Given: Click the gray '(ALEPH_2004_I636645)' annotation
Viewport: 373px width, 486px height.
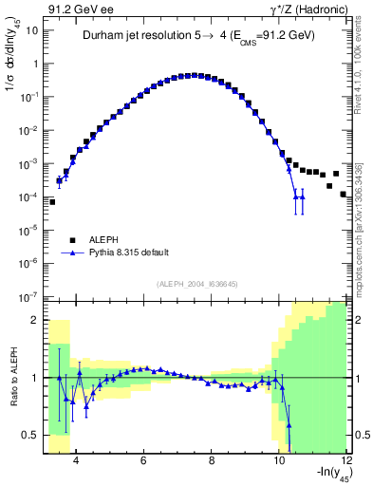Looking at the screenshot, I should [x=196, y=284].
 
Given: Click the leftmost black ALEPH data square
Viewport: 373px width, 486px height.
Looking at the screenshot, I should [x=52, y=201].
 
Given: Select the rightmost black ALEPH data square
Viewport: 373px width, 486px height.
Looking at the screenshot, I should [x=344, y=194].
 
